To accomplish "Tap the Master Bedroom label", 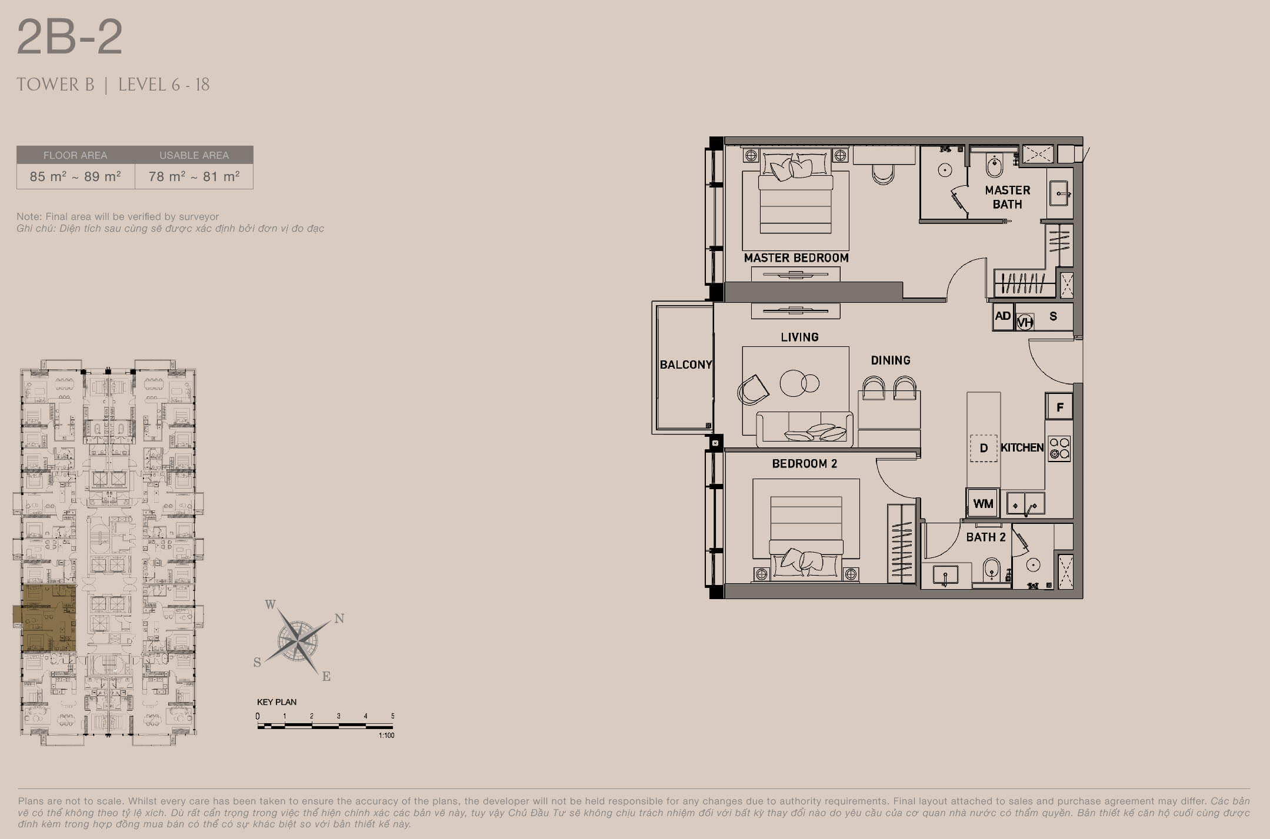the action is [x=796, y=258].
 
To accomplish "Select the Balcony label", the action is [x=686, y=365].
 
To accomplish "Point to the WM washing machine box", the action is [x=983, y=503].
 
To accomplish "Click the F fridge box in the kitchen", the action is [x=1060, y=407].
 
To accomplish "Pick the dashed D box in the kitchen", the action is [x=983, y=448].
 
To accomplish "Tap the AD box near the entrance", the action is [x=1003, y=316].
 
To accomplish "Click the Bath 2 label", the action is [x=986, y=537].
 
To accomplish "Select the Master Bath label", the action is [x=1008, y=197].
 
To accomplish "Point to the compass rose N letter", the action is [x=339, y=618].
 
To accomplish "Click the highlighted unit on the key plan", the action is [x=46, y=618].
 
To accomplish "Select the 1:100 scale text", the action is [x=386, y=735].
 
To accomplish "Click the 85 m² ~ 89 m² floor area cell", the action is [x=75, y=176].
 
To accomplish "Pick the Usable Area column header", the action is [x=194, y=155].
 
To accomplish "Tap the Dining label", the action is [x=891, y=360].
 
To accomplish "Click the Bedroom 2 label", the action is [x=804, y=463].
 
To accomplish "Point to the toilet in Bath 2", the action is [x=992, y=570].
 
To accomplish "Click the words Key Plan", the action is [x=276, y=702].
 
